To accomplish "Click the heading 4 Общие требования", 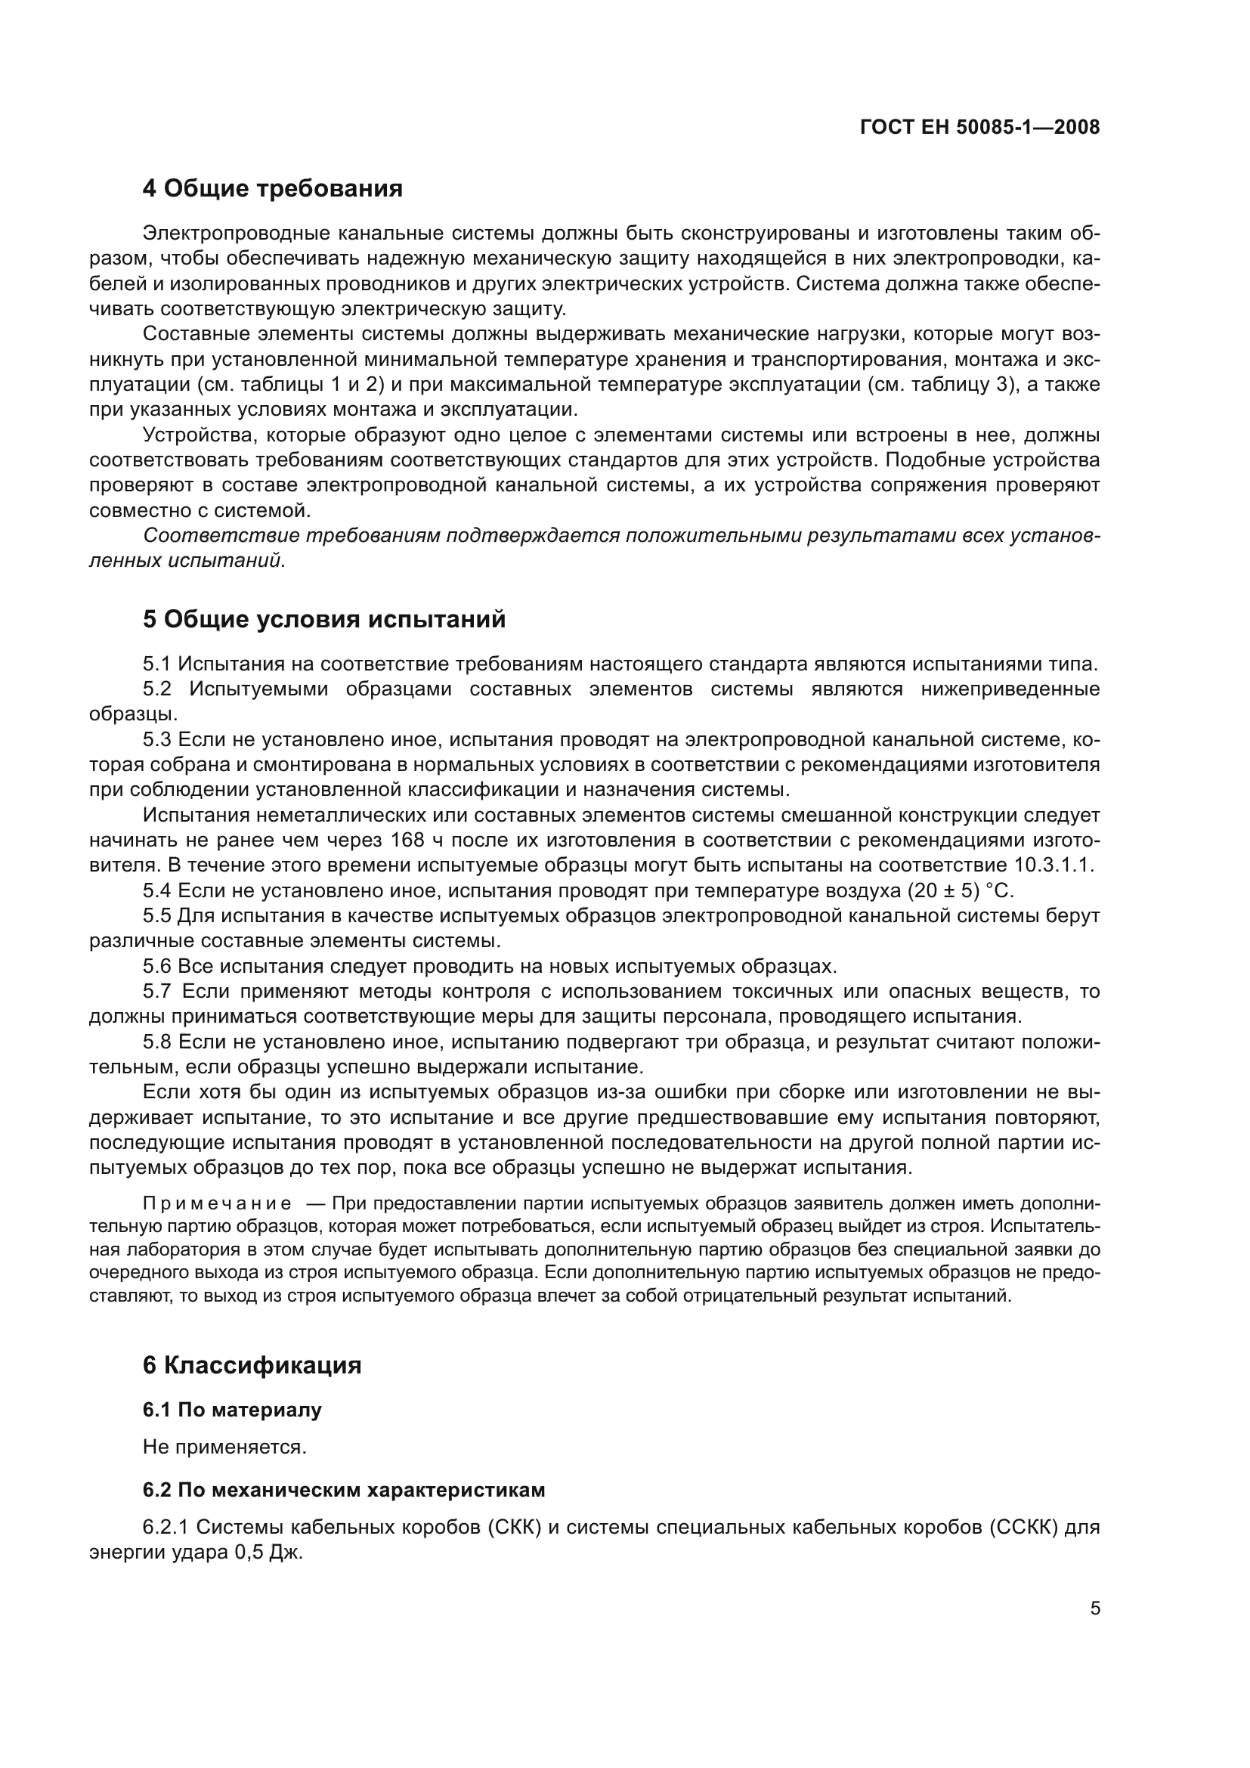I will [273, 188].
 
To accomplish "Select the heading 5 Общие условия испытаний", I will [323, 619].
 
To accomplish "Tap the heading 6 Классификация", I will [252, 1365].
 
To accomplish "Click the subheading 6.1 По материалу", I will [232, 1410].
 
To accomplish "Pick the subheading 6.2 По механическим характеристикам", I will [343, 1490].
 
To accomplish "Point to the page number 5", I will [1094, 1609].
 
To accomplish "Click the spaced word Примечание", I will [217, 1203].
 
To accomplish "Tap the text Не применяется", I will [224, 1447].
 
